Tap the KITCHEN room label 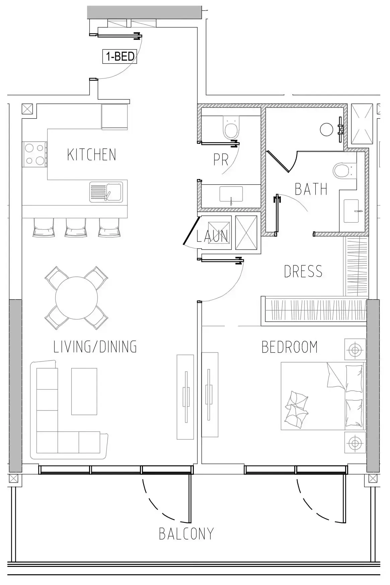(91, 155)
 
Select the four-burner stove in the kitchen (34, 154)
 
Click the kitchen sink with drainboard (106, 192)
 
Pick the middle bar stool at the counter (76, 228)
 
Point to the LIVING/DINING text (95, 347)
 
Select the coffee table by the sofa (84, 391)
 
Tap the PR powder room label (221, 160)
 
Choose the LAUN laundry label (212, 236)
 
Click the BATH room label (311, 189)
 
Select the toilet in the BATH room (344, 170)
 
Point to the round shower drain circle (327, 129)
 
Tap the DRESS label (303, 271)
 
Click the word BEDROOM (290, 347)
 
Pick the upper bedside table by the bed (355, 350)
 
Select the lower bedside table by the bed (355, 443)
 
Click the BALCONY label (186, 534)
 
